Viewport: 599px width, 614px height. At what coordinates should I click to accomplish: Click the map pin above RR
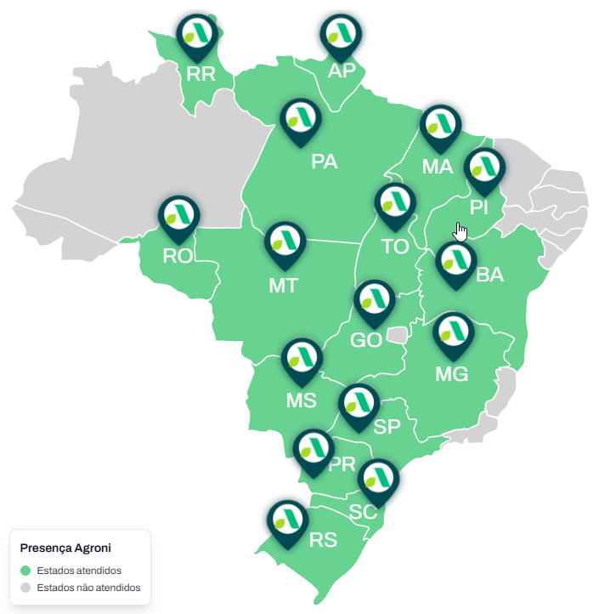(197, 35)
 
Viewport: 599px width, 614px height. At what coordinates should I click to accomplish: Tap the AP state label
(342, 71)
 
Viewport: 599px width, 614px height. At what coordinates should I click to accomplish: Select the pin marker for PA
(301, 120)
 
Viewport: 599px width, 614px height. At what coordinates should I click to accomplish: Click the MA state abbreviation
(438, 167)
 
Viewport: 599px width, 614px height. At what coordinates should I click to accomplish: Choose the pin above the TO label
(395, 204)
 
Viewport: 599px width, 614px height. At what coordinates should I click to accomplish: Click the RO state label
(178, 255)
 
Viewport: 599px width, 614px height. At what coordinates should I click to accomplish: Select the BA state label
(490, 275)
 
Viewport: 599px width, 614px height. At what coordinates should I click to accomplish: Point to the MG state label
(451, 374)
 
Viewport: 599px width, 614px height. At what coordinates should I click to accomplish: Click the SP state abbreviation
(387, 427)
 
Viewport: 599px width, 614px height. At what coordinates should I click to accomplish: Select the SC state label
(363, 512)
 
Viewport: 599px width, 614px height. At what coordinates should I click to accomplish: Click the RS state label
(323, 540)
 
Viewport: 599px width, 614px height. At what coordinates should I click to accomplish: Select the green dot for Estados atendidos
(25, 571)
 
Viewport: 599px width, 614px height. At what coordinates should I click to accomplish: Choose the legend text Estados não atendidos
(88, 588)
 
